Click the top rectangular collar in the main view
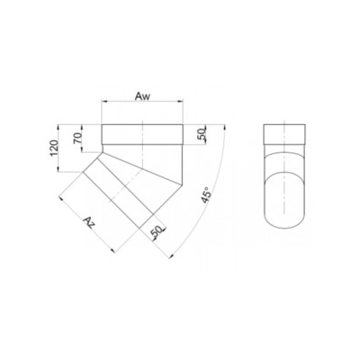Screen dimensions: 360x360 [x=144, y=135]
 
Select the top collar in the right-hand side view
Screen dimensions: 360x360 [x=285, y=135]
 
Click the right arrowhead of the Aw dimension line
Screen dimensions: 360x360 [x=183, y=101]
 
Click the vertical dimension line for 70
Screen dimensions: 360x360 [x=85, y=137]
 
